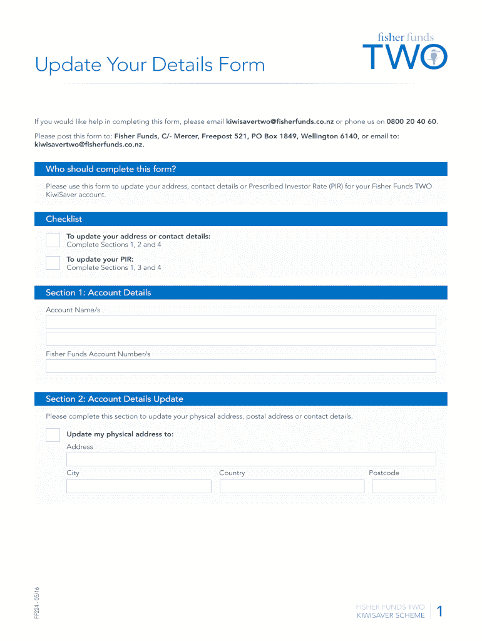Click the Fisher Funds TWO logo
pos(405,51)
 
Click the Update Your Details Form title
pos(150,65)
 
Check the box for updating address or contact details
pos(53,240)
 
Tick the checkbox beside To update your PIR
pos(53,263)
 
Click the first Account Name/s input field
pos(240,322)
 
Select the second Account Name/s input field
pos(240,339)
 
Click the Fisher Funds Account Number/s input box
pos(240,366)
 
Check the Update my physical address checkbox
pos(53,435)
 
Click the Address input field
pos(251,459)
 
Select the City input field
pos(139,486)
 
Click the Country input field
pos(292,486)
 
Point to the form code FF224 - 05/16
pos(37,602)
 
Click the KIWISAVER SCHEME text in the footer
pos(391,616)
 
